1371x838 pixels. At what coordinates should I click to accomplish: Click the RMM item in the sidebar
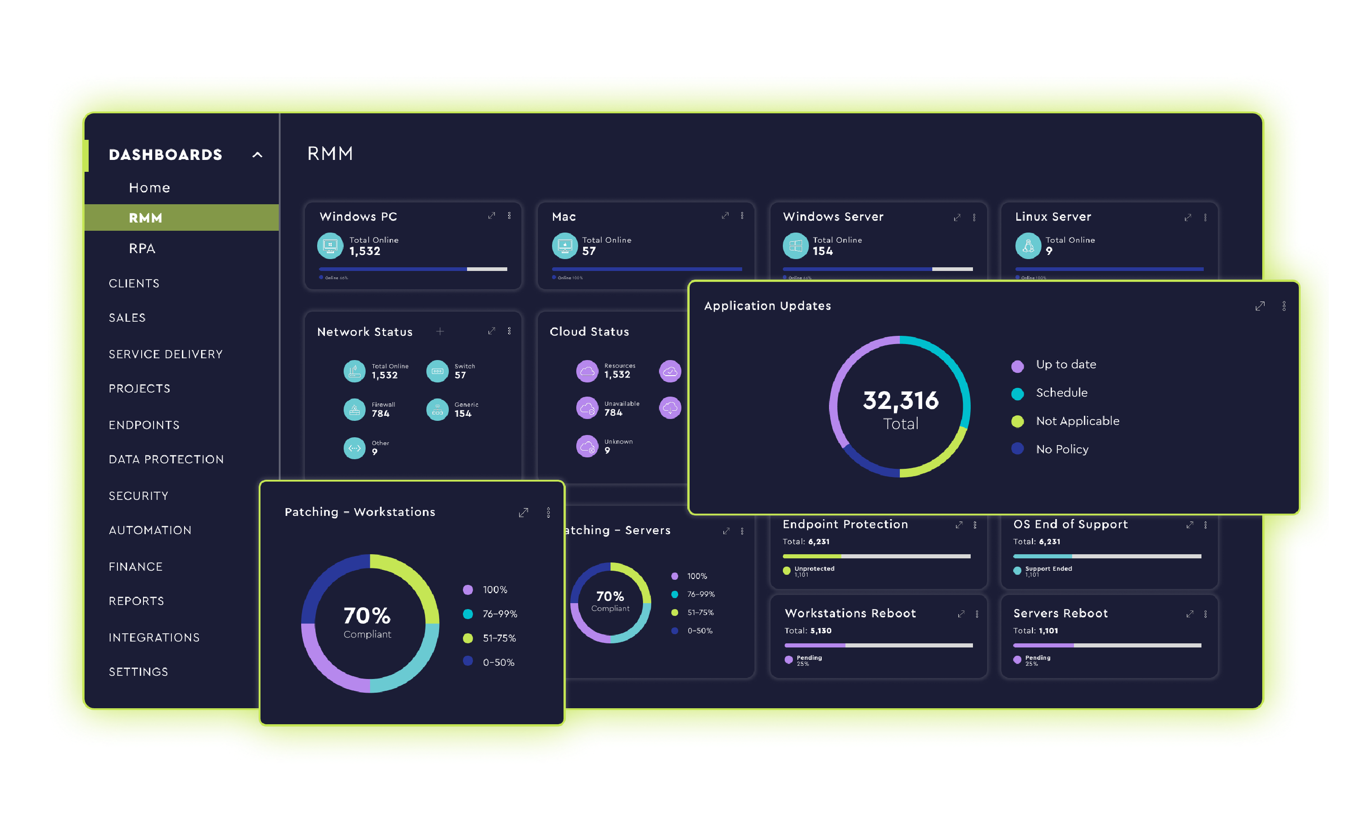tap(146, 218)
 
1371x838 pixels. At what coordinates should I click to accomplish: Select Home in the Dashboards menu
tap(149, 187)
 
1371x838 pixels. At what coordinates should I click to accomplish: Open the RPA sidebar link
tap(142, 248)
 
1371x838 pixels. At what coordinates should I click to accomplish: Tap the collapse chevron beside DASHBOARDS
tap(257, 155)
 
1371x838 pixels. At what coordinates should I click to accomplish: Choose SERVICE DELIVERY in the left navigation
tap(165, 354)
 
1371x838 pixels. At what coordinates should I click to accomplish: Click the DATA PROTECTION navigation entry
tap(166, 459)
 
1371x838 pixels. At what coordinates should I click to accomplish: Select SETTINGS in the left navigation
tap(138, 672)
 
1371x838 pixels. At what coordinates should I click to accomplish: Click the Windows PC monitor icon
tap(330, 245)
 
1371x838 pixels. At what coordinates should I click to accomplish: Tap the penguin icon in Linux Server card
tap(1028, 245)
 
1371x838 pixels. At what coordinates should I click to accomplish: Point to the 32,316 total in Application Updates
tap(900, 401)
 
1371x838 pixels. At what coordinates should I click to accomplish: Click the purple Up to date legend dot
tap(1017, 366)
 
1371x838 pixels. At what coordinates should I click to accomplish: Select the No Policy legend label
tap(1062, 449)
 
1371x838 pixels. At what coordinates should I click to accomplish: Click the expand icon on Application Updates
tap(1259, 306)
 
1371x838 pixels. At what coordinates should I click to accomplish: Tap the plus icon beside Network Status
tap(440, 332)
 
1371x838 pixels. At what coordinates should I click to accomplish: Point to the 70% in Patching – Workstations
tap(367, 615)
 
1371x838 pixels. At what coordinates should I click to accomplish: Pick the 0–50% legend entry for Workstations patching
tap(498, 662)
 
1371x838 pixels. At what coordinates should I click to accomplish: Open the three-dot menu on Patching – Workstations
tap(548, 513)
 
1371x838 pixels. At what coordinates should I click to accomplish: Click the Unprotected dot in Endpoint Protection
tap(786, 570)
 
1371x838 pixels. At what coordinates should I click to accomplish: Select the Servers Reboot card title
tap(1060, 613)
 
